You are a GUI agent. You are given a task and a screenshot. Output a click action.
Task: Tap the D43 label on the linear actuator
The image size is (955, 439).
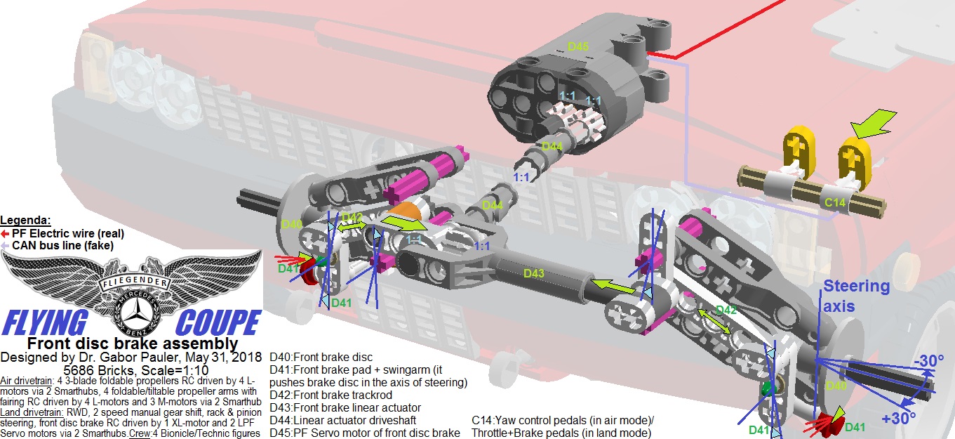point(533,273)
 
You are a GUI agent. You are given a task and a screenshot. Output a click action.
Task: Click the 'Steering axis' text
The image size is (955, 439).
point(856,294)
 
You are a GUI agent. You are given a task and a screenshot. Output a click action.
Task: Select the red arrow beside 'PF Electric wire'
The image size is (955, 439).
point(6,233)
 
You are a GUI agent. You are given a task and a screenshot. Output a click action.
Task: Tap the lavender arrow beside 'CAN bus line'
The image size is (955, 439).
point(6,245)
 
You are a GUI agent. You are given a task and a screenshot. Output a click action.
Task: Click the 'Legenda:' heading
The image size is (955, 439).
point(27,220)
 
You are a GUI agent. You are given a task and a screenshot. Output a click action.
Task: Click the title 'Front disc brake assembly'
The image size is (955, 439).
point(132,343)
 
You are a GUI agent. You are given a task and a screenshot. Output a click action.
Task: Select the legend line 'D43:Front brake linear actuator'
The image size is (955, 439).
point(345,407)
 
